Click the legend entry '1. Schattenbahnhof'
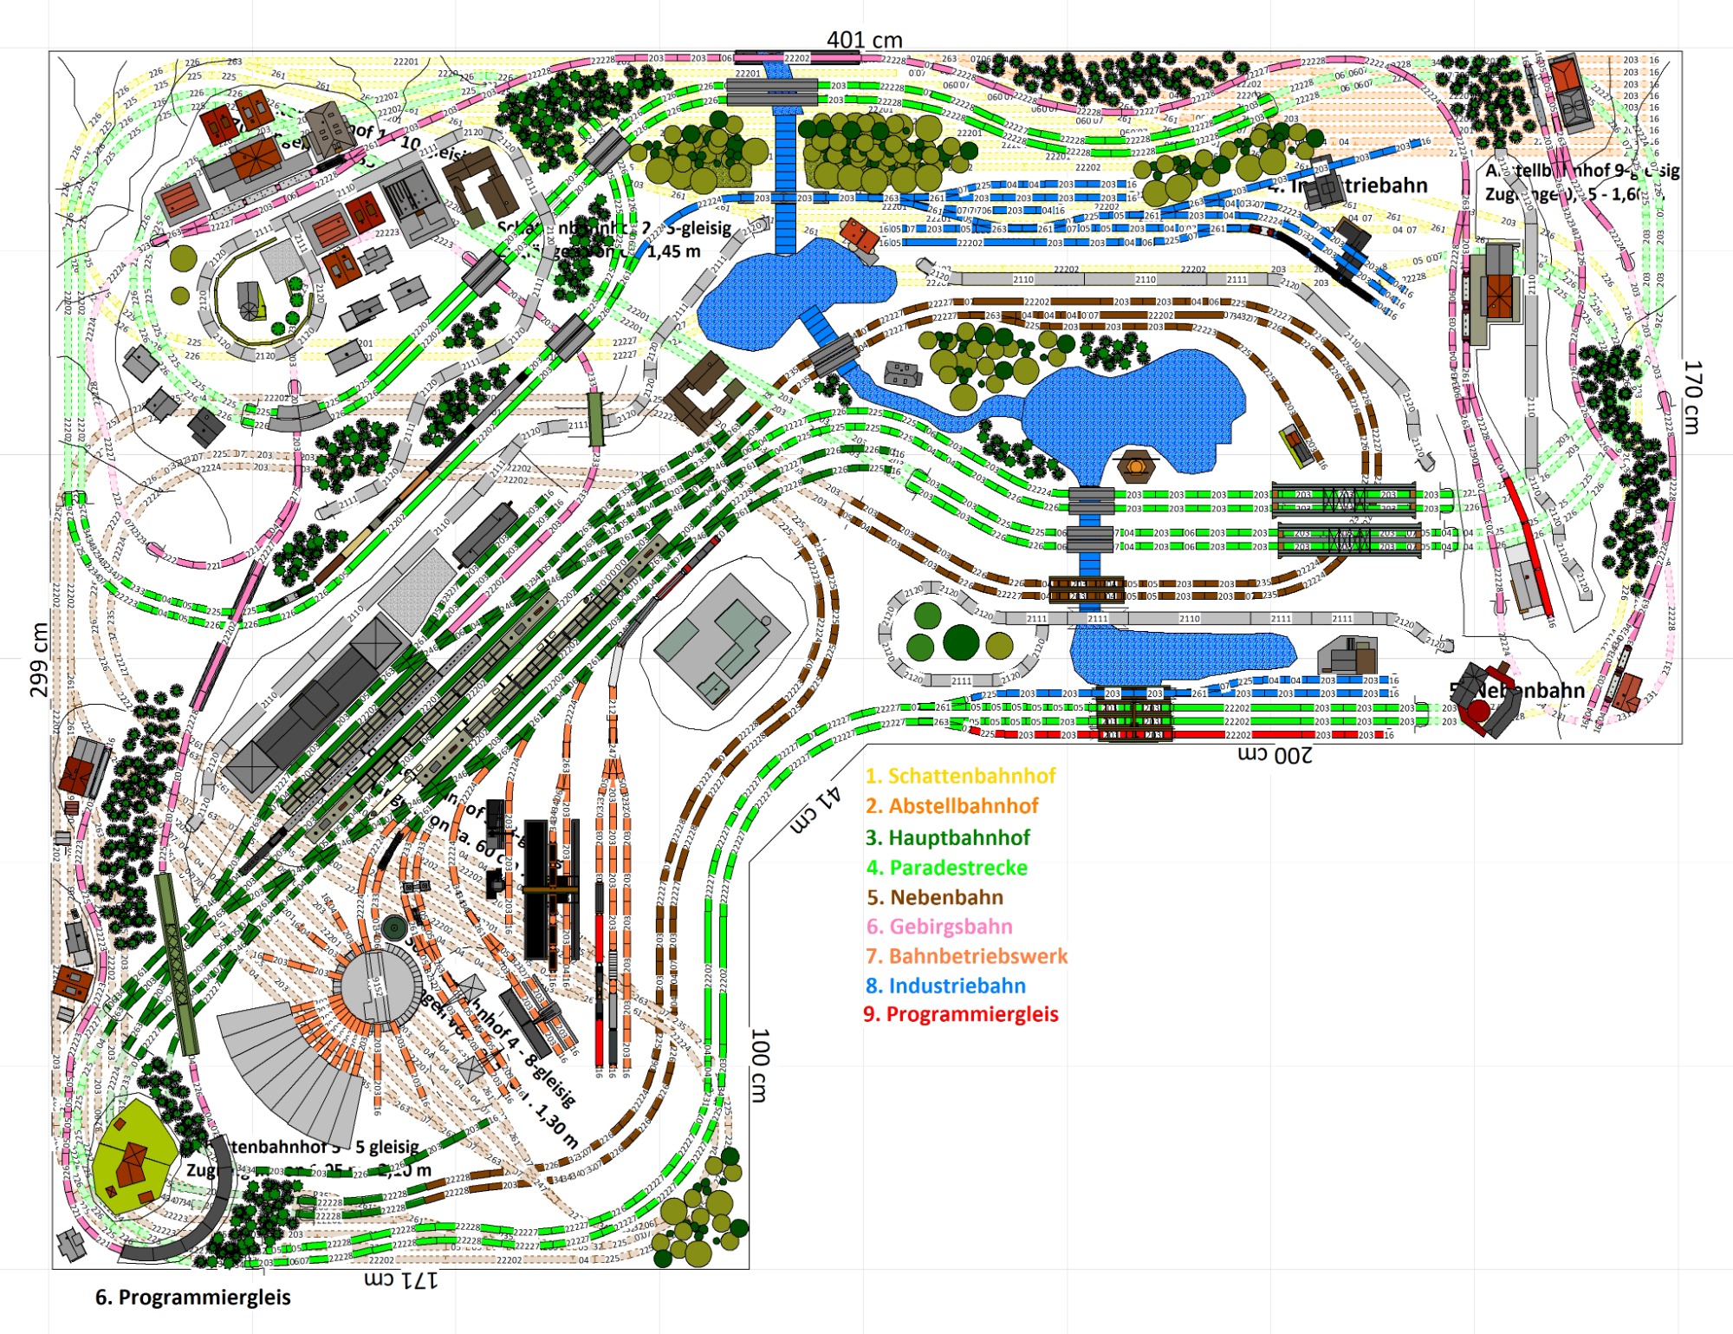coord(960,776)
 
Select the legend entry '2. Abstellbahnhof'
coord(951,806)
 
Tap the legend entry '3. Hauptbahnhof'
coord(948,837)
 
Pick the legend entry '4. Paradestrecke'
coord(946,868)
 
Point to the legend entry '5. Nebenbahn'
coord(935,897)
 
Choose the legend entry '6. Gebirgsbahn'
coord(939,927)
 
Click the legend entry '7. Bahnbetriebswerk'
coord(966,956)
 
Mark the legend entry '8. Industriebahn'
coord(945,986)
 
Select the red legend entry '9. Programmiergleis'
coord(961,1014)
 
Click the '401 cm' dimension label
coord(864,40)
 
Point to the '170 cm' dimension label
coord(1692,397)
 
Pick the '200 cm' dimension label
coord(1274,755)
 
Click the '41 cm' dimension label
coord(815,810)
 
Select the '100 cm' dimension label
coord(760,1065)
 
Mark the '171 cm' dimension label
coord(400,1279)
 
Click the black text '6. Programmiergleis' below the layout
coord(192,1298)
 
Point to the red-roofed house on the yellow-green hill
coord(132,1162)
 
